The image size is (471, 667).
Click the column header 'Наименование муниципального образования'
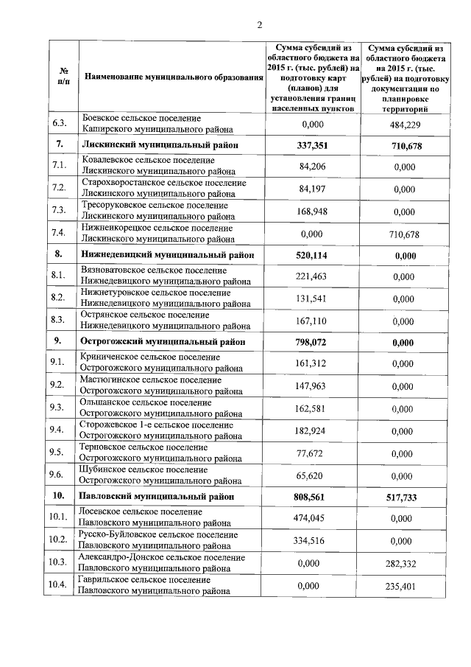coord(173,77)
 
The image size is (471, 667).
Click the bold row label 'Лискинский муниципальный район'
coord(154,146)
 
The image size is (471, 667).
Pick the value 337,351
coord(312,146)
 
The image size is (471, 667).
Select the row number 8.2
coord(59,298)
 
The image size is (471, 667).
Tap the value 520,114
coord(312,255)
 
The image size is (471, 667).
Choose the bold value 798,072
coord(312,343)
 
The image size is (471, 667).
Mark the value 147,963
coord(312,385)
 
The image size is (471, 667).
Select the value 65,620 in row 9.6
coord(312,475)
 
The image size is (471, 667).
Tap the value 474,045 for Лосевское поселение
coord(312,518)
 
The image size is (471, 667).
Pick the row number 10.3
coord(58,562)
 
